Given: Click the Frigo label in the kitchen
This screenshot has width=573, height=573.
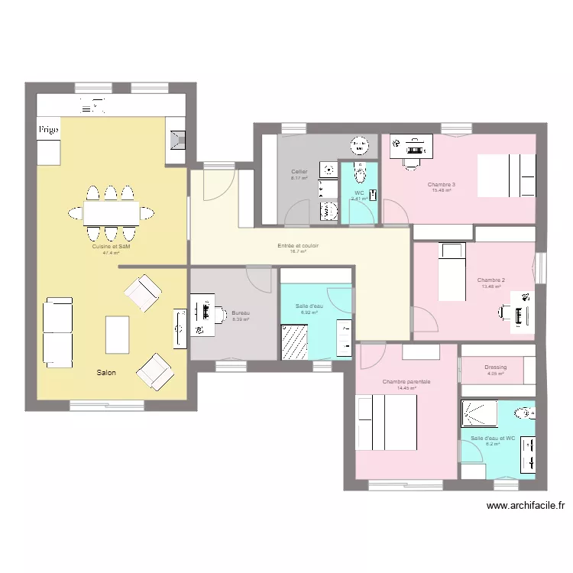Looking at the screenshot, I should pyautogui.click(x=49, y=130).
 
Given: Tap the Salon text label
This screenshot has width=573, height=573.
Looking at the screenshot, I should pyautogui.click(x=106, y=373).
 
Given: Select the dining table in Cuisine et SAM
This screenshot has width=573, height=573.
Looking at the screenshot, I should pyautogui.click(x=111, y=212).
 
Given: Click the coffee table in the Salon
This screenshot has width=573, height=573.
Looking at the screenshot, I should pyautogui.click(x=117, y=334).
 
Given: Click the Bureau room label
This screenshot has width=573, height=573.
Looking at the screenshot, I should pyautogui.click(x=241, y=313).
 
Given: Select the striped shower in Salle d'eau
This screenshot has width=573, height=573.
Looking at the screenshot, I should pyautogui.click(x=294, y=341).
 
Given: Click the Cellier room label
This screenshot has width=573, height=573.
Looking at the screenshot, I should pyautogui.click(x=299, y=172).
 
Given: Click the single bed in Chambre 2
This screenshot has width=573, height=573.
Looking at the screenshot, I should pyautogui.click(x=451, y=271).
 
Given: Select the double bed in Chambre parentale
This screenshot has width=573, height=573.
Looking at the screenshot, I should pyautogui.click(x=386, y=422).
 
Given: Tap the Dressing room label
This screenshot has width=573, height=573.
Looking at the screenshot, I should pyautogui.click(x=495, y=367).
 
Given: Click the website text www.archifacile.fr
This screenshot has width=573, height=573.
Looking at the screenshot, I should pyautogui.click(x=525, y=505).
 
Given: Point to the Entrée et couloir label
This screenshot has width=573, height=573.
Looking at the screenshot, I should pyautogui.click(x=298, y=246).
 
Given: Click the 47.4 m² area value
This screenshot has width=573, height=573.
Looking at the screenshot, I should pyautogui.click(x=111, y=253).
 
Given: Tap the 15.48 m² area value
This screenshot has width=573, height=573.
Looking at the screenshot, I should pyautogui.click(x=441, y=190).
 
